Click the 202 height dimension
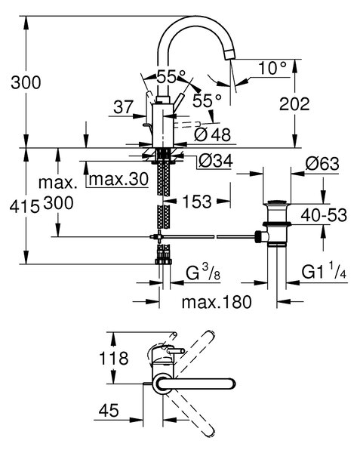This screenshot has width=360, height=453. tap(294, 104)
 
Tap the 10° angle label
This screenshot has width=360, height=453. tap(272, 68)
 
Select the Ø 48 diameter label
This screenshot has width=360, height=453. tap(213, 134)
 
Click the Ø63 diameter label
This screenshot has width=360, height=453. tap(322, 164)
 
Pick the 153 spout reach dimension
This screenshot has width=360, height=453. tap(197, 201)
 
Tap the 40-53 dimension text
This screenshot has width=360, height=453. tap(324, 215)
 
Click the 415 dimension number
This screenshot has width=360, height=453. tap(25, 207)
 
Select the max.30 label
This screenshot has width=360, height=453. tap(118, 179)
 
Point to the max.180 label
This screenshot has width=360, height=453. tap(217, 302)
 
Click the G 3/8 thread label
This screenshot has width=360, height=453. tap(203, 272)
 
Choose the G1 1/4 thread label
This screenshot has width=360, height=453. tap(324, 272)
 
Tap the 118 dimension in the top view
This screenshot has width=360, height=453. tap(113, 358)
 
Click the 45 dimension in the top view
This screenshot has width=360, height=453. tap(109, 410)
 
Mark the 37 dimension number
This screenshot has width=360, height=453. tap(124, 107)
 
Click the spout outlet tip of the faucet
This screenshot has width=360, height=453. tap(229, 54)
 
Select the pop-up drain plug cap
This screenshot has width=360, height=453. tap(276, 202)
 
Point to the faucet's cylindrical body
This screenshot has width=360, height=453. tap(162, 125)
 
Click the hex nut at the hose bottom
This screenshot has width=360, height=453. tap(164, 261)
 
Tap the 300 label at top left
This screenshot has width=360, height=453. tap(26, 82)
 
